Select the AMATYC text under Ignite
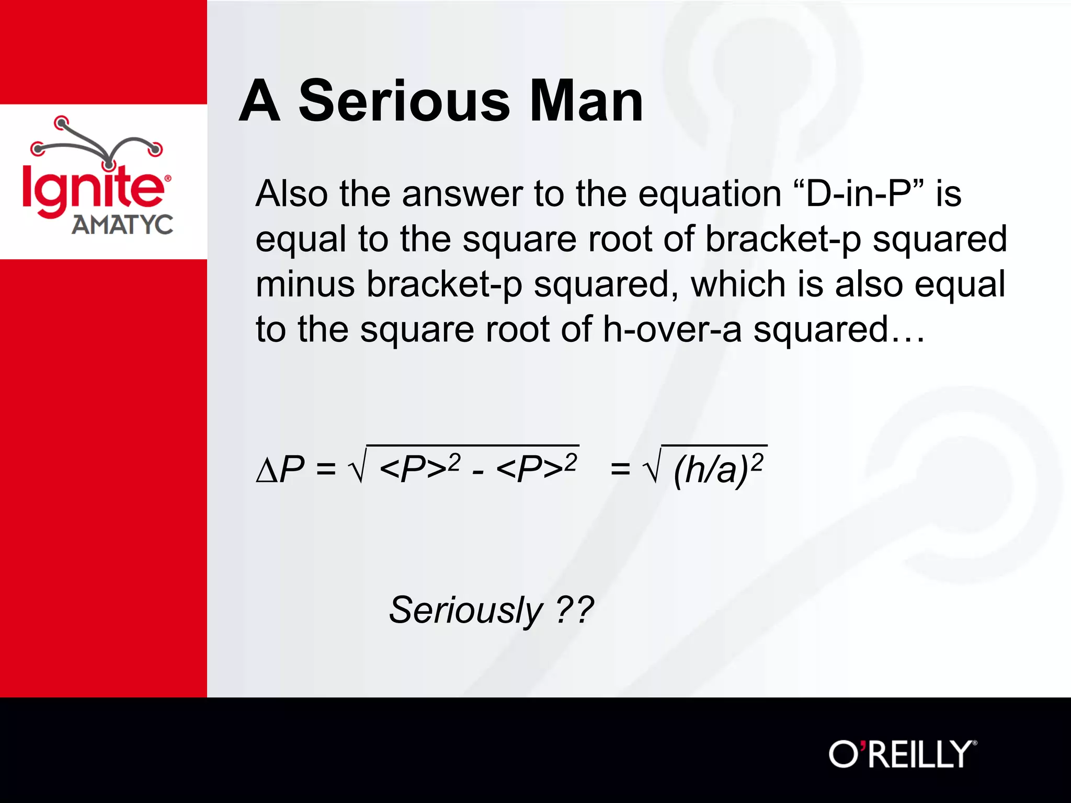pos(122,225)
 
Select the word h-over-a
pos(672,329)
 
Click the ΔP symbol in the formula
pos(280,469)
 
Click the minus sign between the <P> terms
pos(477,472)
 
